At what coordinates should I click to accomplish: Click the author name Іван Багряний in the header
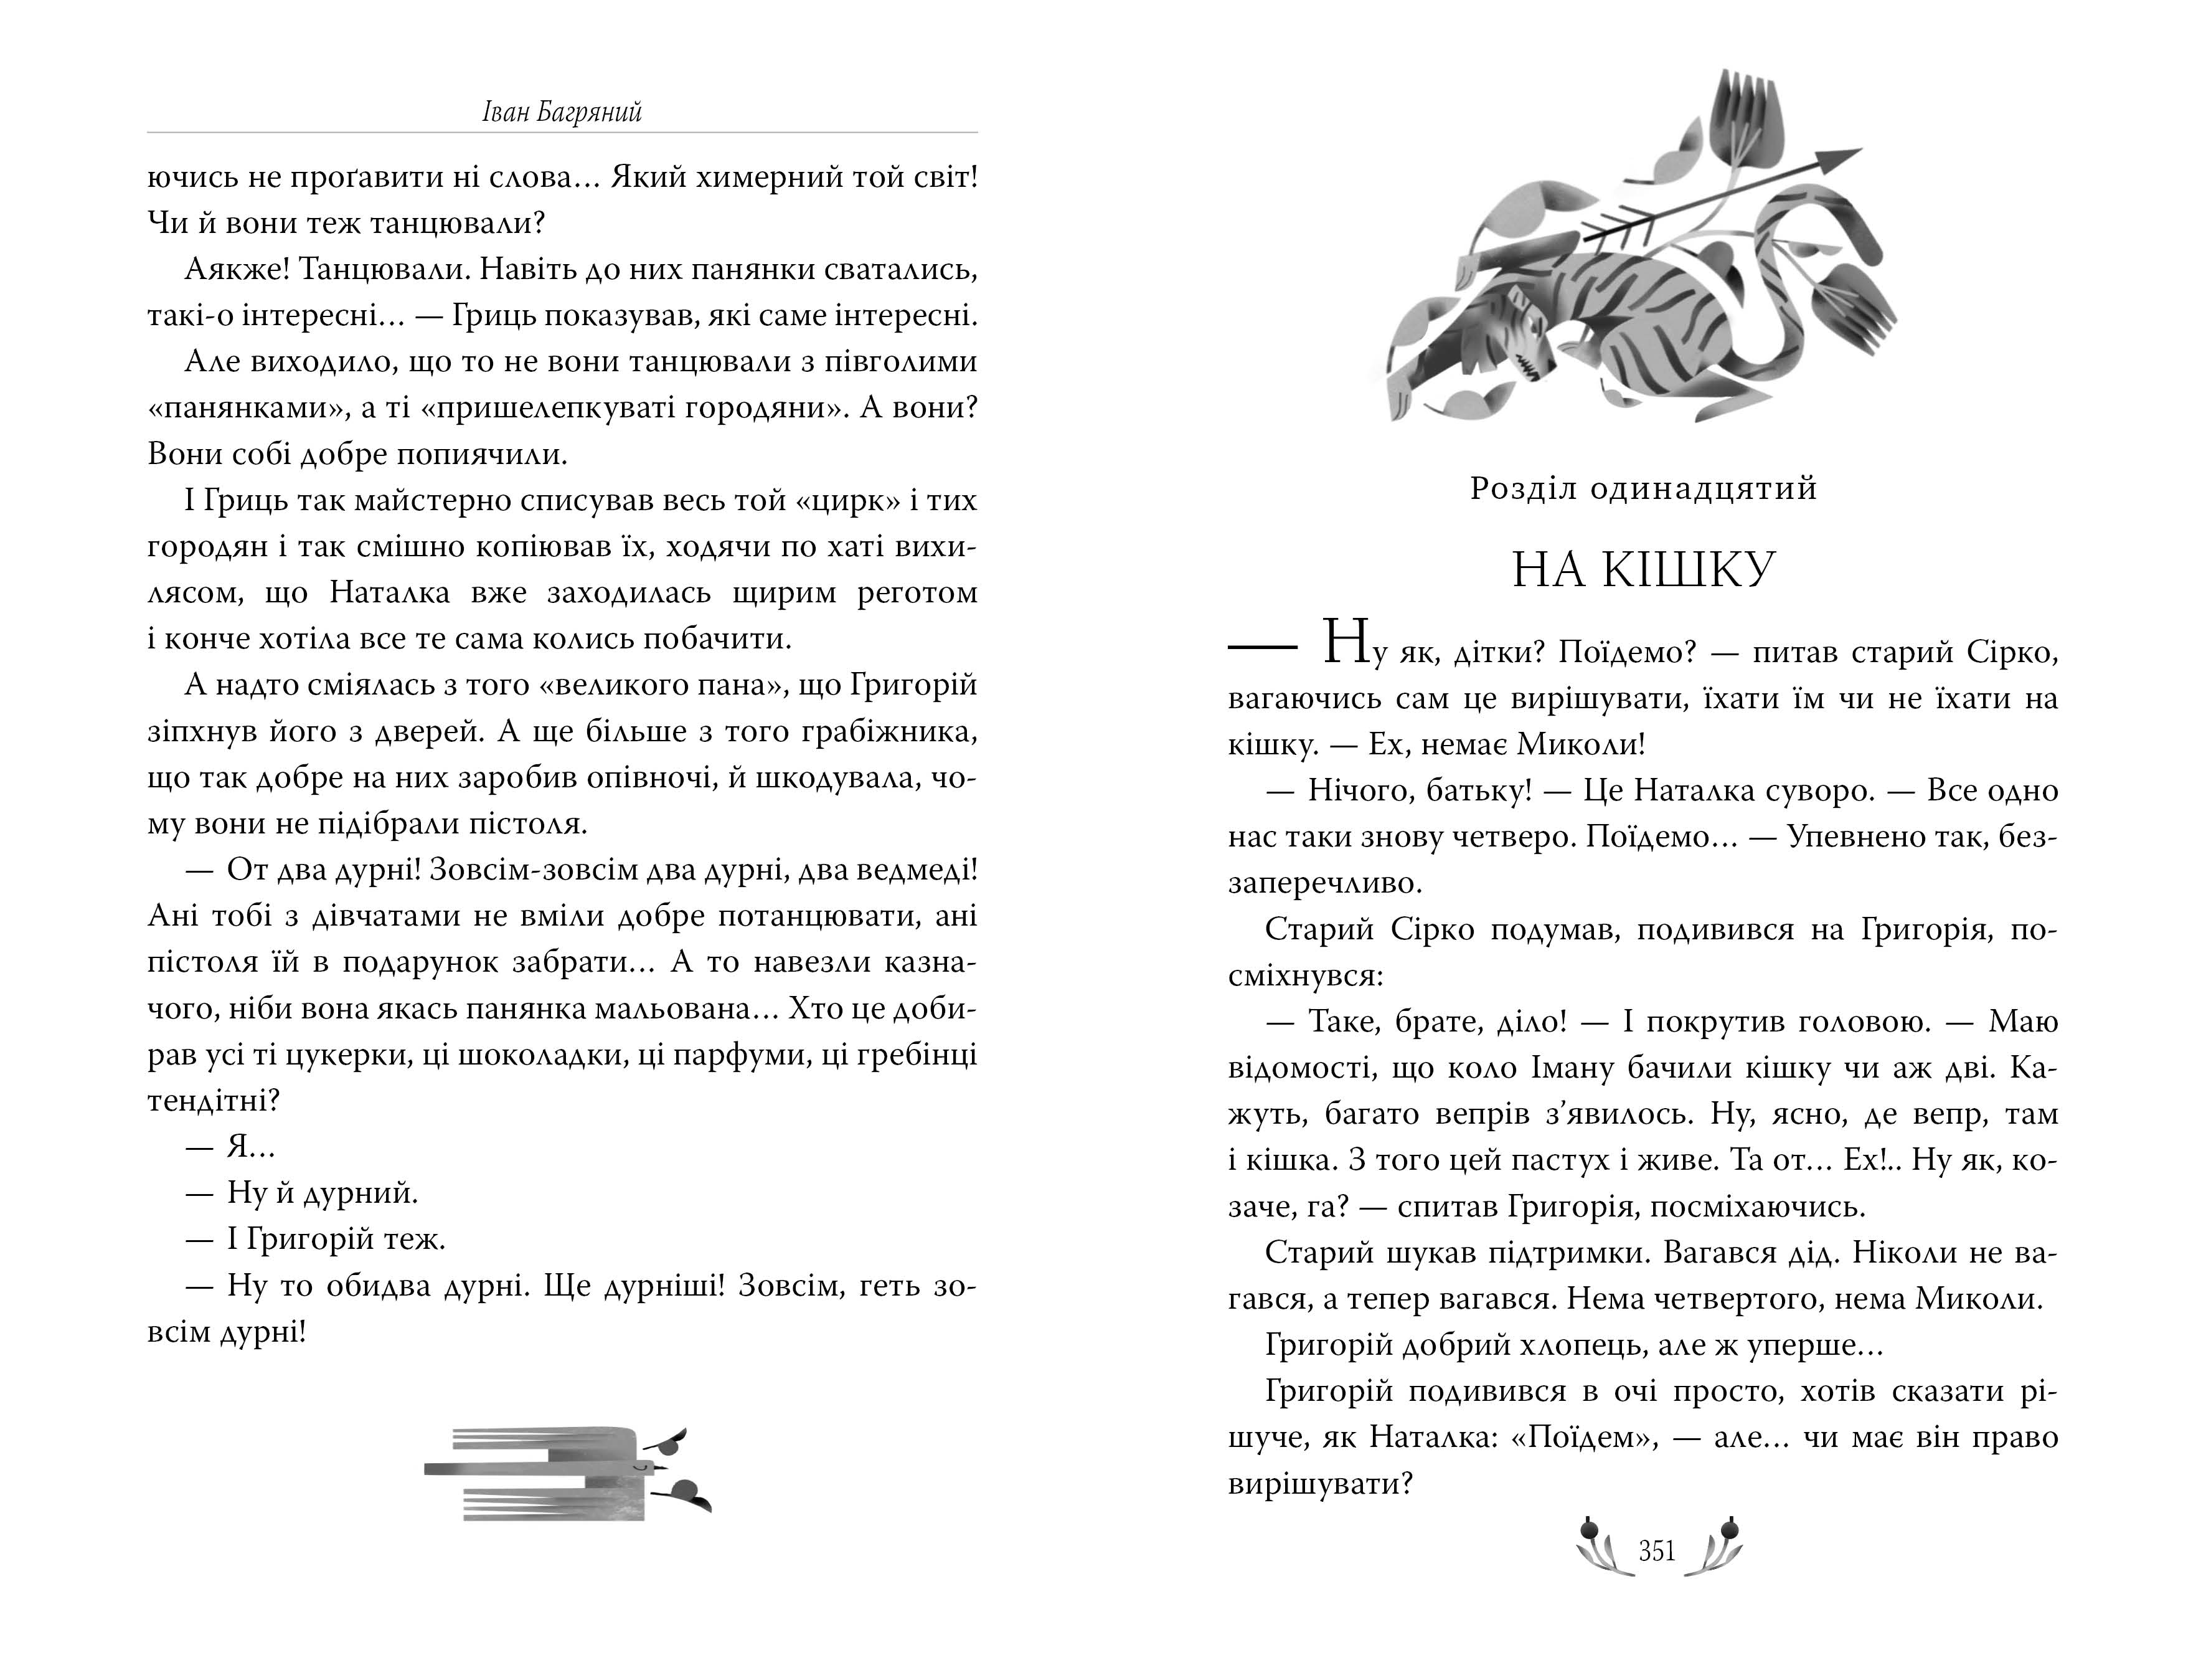562,111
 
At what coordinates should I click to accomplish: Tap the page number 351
1656,1550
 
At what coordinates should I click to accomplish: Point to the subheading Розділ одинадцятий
1644,489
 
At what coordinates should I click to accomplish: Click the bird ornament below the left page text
567,1471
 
